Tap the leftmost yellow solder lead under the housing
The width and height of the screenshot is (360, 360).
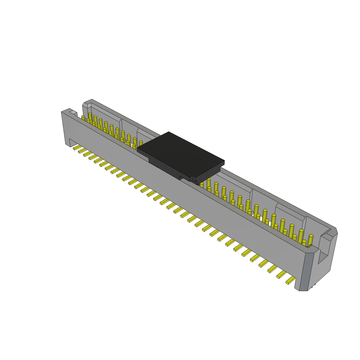pyautogui.click(x=77, y=147)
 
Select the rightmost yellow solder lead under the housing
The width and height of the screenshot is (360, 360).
pyautogui.click(x=291, y=280)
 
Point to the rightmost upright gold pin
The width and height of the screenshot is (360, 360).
pyautogui.click(x=310, y=240)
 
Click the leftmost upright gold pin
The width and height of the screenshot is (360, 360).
pyautogui.click(x=83, y=118)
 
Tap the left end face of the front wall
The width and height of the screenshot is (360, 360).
pyautogui.click(x=65, y=128)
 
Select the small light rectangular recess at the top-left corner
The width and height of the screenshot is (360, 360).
pyautogui.click(x=73, y=112)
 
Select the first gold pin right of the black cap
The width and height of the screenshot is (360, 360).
pyautogui.click(x=202, y=185)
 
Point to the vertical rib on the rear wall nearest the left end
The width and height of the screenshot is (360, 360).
pyautogui.click(x=121, y=124)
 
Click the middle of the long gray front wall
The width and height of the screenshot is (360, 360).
pyautogui.click(x=183, y=197)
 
